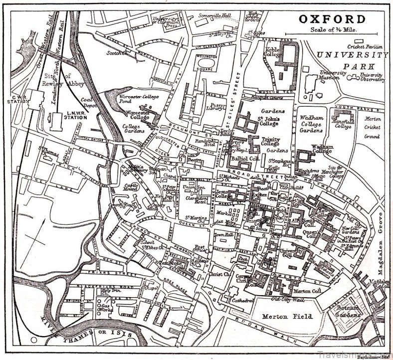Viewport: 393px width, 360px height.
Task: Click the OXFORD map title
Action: [332, 20]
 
